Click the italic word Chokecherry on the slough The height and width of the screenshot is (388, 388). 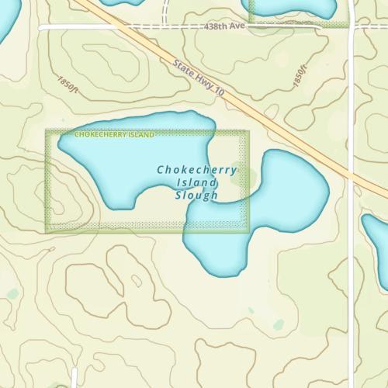click(x=196, y=169)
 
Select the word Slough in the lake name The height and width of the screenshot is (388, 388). click(x=197, y=195)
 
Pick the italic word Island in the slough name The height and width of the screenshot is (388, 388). click(x=197, y=182)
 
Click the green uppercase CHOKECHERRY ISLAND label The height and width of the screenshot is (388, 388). click(x=114, y=135)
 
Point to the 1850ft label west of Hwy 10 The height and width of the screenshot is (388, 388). click(x=68, y=84)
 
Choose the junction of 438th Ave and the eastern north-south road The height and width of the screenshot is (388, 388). click(x=352, y=26)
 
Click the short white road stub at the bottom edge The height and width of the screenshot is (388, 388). click(x=74, y=378)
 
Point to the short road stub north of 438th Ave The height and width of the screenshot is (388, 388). click(x=166, y=11)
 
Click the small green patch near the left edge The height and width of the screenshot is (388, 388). click(x=12, y=293)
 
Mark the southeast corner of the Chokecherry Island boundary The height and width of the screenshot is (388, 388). click(x=248, y=230)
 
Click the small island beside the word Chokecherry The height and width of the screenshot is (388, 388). click(x=238, y=177)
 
